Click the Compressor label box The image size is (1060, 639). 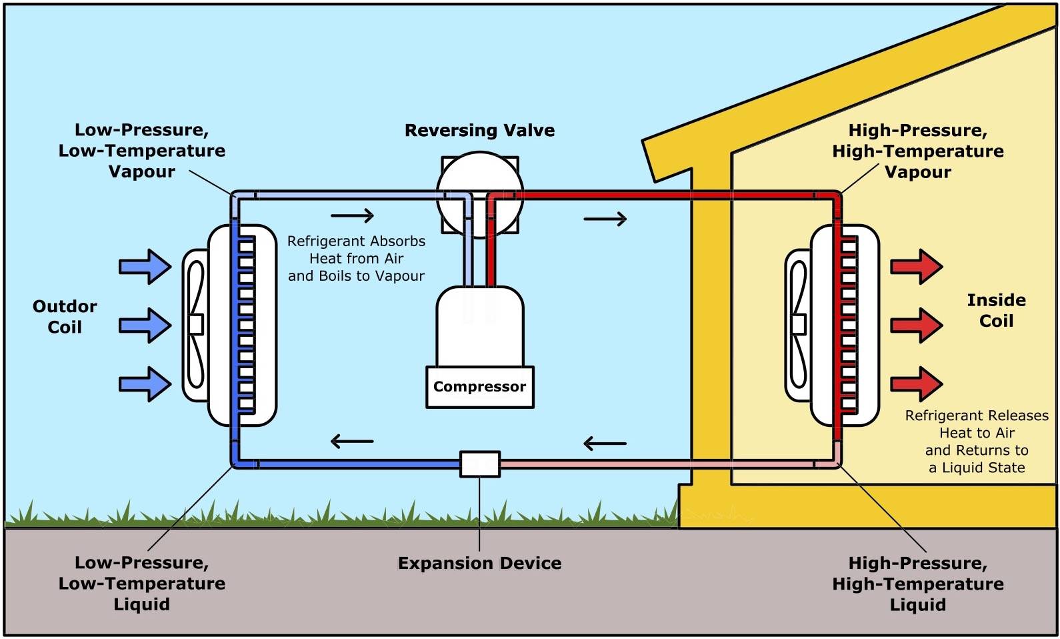pyautogui.click(x=480, y=387)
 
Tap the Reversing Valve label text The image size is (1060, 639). pyautogui.click(x=479, y=130)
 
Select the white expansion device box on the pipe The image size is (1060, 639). pyautogui.click(x=480, y=464)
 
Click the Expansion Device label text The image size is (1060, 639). pyautogui.click(x=479, y=563)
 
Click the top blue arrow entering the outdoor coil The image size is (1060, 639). pyautogui.click(x=145, y=267)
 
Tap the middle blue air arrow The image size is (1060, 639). pyautogui.click(x=145, y=326)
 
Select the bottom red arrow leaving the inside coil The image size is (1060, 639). pyautogui.click(x=917, y=384)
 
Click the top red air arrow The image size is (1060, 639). pyautogui.click(x=917, y=267)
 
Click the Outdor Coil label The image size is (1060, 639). pyautogui.click(x=65, y=317)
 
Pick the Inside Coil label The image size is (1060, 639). pyautogui.click(x=996, y=311)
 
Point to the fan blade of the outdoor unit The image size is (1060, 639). pyautogui.click(x=195, y=325)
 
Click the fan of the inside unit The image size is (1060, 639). pyautogui.click(x=798, y=325)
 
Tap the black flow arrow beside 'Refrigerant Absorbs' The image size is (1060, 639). pyautogui.click(x=352, y=215)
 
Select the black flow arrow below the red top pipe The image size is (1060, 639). pyautogui.click(x=605, y=219)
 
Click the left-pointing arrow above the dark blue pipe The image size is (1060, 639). pyautogui.click(x=352, y=441)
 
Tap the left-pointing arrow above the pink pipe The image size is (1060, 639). pyautogui.click(x=605, y=444)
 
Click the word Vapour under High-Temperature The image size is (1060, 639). pyautogui.click(x=918, y=172)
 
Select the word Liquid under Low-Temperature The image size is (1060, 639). pyautogui.click(x=141, y=604)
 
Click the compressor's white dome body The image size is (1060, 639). pyautogui.click(x=480, y=327)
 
